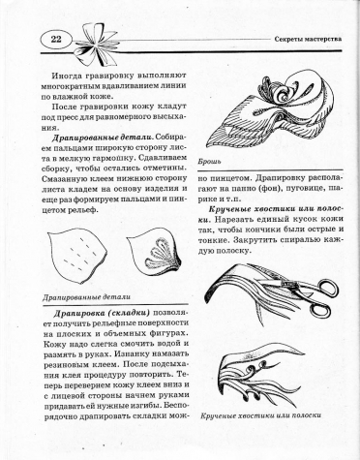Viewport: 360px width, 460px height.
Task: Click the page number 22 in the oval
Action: click(56, 40)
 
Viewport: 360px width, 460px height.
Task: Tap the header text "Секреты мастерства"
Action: click(308, 40)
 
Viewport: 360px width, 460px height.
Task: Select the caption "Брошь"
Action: click(209, 162)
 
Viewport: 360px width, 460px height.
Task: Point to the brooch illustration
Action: click(270, 113)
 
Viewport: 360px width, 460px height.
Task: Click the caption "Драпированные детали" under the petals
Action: click(87, 296)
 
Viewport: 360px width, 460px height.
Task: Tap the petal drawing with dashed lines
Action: click(77, 256)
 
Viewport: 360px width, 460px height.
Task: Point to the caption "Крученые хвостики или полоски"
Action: click(260, 415)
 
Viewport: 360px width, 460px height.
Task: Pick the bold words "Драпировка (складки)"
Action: click(102, 313)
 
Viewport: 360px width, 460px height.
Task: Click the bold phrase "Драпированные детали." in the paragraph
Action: click(103, 138)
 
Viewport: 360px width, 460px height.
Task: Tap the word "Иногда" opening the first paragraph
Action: click(66, 76)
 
